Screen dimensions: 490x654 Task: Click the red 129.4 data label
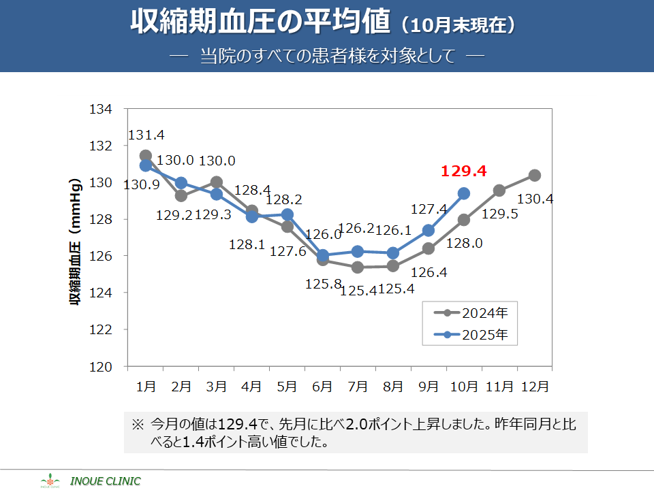click(x=463, y=171)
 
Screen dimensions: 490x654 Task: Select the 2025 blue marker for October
click(x=464, y=193)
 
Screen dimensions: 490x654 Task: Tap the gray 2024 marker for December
click(x=535, y=176)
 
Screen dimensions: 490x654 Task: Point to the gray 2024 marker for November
click(x=499, y=191)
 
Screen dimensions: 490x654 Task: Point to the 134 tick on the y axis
click(x=101, y=110)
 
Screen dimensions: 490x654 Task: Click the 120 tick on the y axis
click(x=101, y=367)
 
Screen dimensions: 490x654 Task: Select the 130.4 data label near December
click(x=535, y=199)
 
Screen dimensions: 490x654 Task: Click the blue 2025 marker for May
click(x=287, y=214)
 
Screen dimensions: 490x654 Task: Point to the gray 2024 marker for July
click(x=358, y=267)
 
